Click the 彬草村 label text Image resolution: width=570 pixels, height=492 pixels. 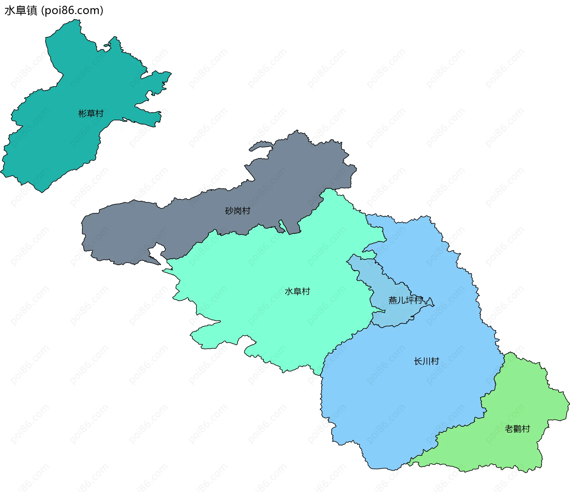point(91,114)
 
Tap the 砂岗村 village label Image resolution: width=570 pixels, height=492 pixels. point(237,211)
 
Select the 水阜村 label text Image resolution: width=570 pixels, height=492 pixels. point(297,292)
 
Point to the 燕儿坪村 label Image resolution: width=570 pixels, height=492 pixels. point(405,301)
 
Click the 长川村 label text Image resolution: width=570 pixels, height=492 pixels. point(426,361)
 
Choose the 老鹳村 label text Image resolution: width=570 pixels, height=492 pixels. point(517,429)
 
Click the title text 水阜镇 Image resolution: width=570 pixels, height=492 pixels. point(21,11)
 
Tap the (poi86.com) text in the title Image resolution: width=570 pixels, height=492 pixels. point(72,11)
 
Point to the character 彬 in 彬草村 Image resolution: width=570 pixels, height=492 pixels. point(83,114)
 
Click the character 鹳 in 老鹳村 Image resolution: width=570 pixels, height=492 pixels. point(517,429)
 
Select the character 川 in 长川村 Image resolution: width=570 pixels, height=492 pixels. point(426,361)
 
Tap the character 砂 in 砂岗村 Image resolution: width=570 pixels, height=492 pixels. point(229,211)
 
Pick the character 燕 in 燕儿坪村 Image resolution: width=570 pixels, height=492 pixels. point(393,301)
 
